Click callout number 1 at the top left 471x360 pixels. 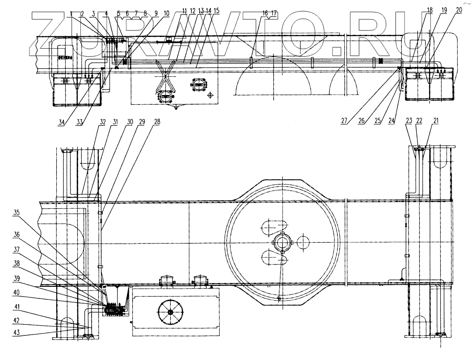click(71, 13)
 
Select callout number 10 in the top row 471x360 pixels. click(167, 13)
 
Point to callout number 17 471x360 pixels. click(273, 13)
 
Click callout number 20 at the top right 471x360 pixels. click(459, 10)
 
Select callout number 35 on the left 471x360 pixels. click(17, 212)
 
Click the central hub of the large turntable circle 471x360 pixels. click(282, 244)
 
